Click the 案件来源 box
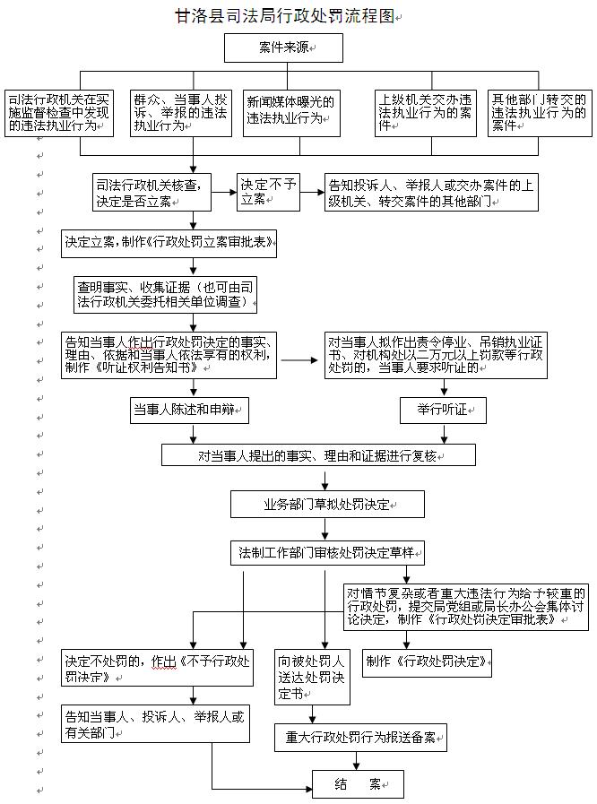click(x=282, y=46)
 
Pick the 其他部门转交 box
click(x=540, y=111)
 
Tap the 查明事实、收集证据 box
click(x=167, y=294)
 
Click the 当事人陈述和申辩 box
click(x=187, y=411)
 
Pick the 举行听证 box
click(x=444, y=411)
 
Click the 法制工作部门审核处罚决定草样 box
click(x=327, y=549)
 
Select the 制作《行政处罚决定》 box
click(x=427, y=661)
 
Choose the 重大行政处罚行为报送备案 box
click(x=359, y=737)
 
